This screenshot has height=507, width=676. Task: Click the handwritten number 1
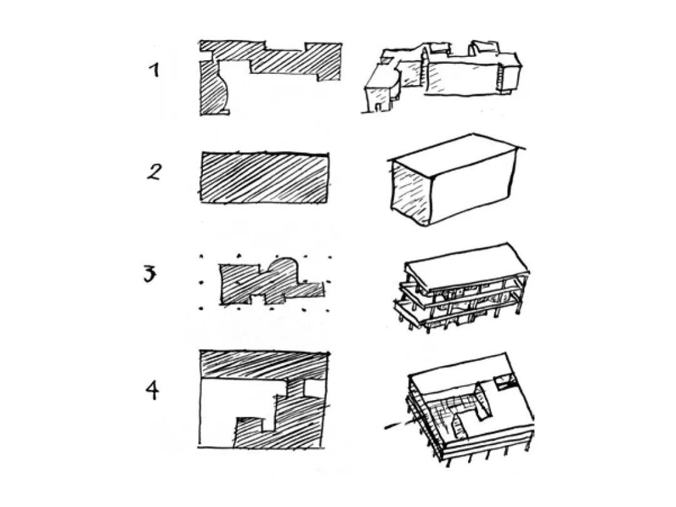[x=153, y=69]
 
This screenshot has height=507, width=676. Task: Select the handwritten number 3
[x=150, y=274]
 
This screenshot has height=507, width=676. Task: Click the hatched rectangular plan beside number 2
[x=264, y=178]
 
